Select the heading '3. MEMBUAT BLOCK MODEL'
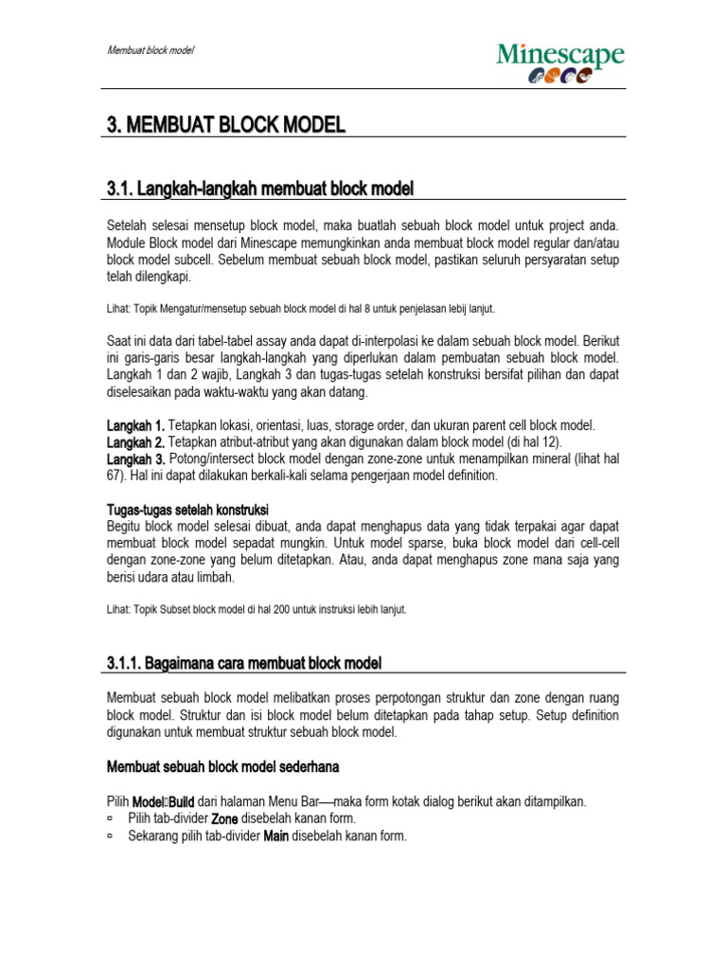(x=224, y=125)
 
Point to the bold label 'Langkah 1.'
(x=135, y=426)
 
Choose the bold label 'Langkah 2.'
(x=135, y=442)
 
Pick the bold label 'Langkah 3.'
(x=135, y=458)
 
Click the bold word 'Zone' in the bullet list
(x=223, y=818)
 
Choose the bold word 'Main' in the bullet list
(x=275, y=835)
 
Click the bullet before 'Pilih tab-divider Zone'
(x=110, y=818)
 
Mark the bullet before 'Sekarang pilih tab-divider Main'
(x=110, y=835)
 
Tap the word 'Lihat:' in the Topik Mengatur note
(x=118, y=309)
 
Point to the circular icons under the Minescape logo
(x=559, y=78)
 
